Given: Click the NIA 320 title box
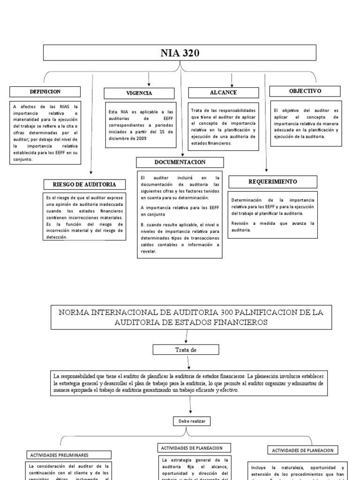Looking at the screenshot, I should [180, 53].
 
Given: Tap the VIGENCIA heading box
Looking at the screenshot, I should [139, 93].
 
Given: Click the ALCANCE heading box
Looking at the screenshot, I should [223, 93].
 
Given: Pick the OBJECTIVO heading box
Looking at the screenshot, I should [305, 90].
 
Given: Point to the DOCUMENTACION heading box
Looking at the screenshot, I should [180, 162].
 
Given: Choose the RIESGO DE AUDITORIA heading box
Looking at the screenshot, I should [85, 184].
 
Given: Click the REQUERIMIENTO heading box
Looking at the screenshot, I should [272, 181].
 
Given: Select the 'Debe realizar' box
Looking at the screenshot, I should [192, 421].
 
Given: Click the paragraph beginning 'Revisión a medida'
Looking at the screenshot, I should [272, 226].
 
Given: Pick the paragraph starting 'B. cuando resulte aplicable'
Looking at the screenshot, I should [180, 238].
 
